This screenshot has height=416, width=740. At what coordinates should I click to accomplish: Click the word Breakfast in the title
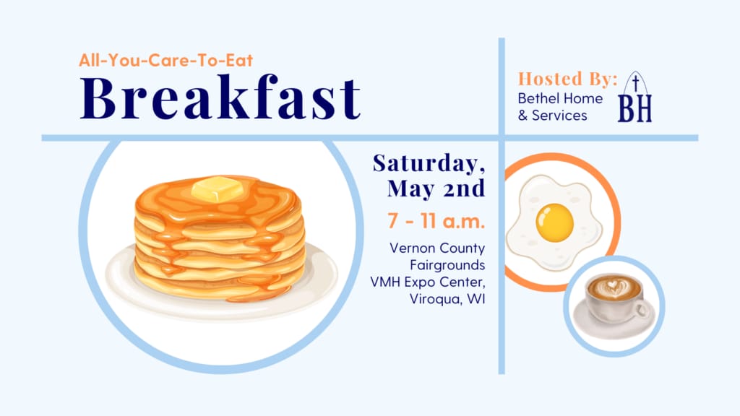point(220,97)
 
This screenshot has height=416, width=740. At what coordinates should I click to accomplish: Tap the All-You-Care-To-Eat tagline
point(166,61)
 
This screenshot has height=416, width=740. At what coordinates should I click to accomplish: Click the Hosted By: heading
point(568,79)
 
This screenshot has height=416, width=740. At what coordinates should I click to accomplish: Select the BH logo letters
point(634,108)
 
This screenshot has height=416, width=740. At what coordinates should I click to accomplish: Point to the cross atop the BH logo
point(636,83)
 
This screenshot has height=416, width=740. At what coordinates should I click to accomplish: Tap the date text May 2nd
point(436,188)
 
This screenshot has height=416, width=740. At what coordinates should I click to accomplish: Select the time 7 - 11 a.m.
point(436,221)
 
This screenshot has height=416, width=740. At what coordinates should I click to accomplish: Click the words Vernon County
point(437,248)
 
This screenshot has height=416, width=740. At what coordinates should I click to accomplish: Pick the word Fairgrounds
point(447,265)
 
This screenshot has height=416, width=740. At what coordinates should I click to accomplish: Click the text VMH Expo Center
point(428,282)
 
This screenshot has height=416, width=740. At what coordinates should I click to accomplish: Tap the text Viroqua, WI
point(447,299)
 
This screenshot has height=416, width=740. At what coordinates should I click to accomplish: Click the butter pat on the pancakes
point(217,188)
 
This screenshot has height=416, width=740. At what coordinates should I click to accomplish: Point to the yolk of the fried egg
point(554,222)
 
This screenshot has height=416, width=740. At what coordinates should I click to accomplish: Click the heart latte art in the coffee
point(613,286)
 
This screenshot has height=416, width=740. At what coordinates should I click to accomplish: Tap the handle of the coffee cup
point(642,309)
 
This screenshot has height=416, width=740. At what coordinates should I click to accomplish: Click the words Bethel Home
point(560,98)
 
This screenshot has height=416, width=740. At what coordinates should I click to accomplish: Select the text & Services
point(553,116)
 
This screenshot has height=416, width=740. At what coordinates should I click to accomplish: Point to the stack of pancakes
point(220,238)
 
